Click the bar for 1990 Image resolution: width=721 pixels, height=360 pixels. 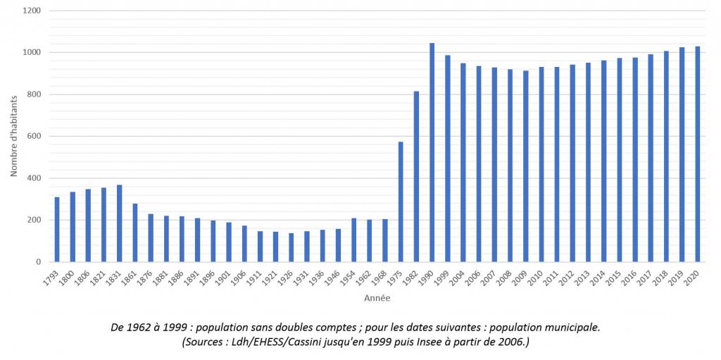click(x=432, y=152)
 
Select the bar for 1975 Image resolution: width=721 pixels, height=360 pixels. click(x=401, y=201)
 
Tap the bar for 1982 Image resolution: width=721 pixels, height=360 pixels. click(x=416, y=176)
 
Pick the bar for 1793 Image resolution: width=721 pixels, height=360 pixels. click(x=57, y=229)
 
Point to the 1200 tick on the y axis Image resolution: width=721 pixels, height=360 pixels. click(x=32, y=11)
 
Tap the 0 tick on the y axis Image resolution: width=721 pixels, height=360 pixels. click(x=39, y=262)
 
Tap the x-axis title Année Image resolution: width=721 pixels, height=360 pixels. click(x=377, y=298)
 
